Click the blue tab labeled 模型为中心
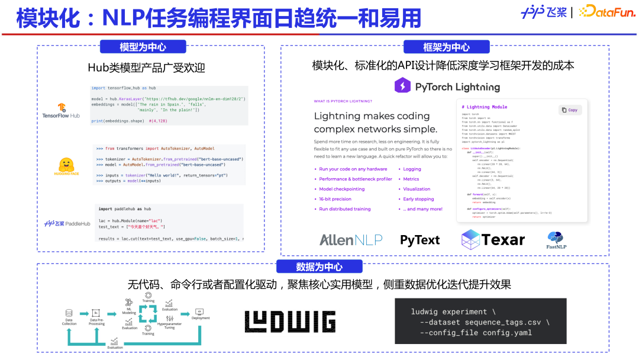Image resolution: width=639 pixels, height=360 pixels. coord(143,47)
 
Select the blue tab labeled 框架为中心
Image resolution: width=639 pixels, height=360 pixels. coord(447,47)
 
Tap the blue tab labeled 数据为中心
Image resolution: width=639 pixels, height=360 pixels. coord(319,266)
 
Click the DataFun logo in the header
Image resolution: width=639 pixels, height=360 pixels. coord(606,11)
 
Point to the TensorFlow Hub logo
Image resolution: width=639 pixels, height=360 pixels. coord(61,111)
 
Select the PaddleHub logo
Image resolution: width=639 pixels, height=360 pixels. coord(66,224)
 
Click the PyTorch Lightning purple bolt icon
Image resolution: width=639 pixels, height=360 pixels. coord(402,86)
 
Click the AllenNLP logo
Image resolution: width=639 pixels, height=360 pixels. coord(351,240)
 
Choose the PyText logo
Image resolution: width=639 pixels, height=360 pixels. coord(419,240)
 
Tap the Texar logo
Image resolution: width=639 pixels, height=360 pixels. coord(493,239)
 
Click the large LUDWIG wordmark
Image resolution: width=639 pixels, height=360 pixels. coord(290,322)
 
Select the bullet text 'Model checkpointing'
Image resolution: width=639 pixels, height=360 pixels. coord(342,189)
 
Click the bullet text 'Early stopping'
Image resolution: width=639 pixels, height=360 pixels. coord(418,199)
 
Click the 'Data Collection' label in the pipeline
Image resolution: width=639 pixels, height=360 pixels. coord(69,322)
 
